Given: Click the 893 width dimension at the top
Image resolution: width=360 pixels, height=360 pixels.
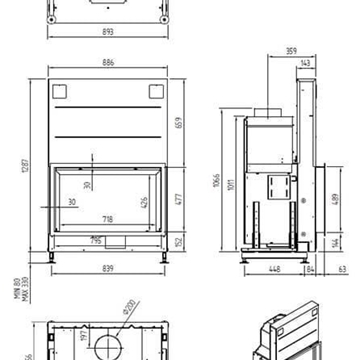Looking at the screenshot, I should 107,31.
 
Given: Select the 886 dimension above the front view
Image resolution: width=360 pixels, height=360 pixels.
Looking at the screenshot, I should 107,63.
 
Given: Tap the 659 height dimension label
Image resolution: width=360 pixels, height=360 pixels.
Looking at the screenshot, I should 179,124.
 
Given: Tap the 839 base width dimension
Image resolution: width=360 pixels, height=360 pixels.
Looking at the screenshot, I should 107,268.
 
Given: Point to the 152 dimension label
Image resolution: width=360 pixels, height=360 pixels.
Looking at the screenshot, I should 178,242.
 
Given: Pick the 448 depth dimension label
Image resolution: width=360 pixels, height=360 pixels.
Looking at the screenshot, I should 273,268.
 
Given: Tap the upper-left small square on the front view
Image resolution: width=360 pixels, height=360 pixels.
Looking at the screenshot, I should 58,92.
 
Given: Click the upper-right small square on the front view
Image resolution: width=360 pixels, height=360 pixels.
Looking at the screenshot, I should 155,92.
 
